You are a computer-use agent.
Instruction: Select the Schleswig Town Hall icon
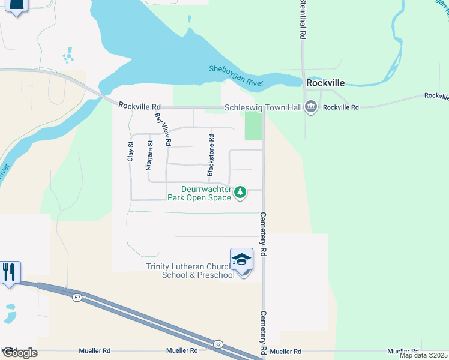coord(311,107)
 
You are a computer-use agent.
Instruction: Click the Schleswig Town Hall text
coord(263,107)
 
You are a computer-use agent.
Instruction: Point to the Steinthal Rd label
coord(303,20)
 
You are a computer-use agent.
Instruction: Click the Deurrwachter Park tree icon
coord(240,192)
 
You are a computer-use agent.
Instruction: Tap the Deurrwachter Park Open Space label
coord(199,193)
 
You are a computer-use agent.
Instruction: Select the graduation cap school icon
coord(241,259)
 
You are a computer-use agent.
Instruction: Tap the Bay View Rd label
coord(163,130)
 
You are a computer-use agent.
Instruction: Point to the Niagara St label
coord(149,156)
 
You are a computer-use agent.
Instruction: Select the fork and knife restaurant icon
coord(10,272)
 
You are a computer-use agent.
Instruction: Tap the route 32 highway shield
coord(217,344)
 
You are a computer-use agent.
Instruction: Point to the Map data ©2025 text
coord(424,355)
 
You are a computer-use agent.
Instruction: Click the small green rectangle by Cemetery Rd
coord(253,126)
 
